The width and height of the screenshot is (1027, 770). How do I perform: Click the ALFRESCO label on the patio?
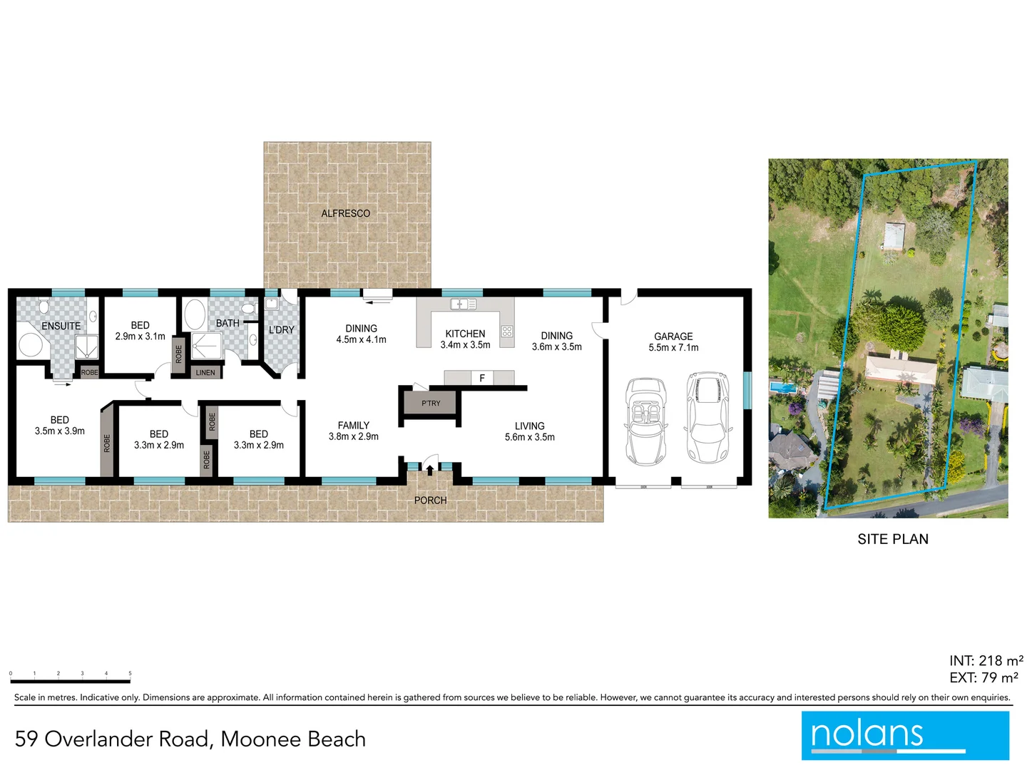click(345, 213)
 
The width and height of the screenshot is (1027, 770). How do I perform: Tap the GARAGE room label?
click(673, 337)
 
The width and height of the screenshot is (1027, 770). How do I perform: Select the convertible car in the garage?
click(646, 421)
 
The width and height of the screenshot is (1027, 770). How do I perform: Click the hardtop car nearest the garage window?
click(708, 417)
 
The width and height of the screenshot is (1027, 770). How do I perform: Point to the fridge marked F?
click(482, 378)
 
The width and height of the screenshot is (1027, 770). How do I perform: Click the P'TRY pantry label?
click(431, 404)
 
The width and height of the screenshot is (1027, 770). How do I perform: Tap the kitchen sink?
click(463, 304)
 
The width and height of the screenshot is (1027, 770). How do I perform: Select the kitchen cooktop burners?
click(507, 331)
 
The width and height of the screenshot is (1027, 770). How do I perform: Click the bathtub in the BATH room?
click(194, 314)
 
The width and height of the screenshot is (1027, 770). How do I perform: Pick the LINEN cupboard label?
click(205, 372)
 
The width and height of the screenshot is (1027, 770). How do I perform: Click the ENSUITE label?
click(61, 326)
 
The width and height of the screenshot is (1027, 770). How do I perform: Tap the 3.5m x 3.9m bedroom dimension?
click(60, 431)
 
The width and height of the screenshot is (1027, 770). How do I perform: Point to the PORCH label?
click(431, 500)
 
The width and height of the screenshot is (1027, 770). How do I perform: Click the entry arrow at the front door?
click(429, 469)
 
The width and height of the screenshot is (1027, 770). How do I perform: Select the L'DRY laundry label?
click(281, 330)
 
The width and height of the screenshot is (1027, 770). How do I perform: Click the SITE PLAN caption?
click(893, 540)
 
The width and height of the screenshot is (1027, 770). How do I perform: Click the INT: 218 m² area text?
click(986, 661)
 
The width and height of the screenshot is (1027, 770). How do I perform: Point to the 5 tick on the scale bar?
click(130, 674)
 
